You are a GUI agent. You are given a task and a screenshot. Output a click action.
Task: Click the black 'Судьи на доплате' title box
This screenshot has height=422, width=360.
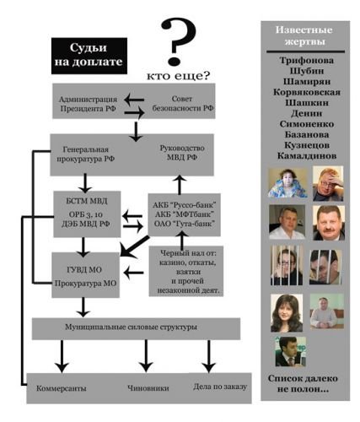pos(89,56)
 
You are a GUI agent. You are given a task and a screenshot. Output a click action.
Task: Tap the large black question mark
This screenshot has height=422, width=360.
pos(178,41)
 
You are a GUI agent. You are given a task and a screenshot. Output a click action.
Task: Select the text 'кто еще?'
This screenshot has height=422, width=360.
pos(179,76)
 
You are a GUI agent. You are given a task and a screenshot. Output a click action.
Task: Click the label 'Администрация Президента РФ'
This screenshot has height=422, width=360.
pos(88,104)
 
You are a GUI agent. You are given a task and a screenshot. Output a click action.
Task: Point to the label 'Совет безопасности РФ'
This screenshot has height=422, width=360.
pos(183,103)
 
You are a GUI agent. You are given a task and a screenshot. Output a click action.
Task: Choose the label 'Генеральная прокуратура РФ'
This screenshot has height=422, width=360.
pos(86,154)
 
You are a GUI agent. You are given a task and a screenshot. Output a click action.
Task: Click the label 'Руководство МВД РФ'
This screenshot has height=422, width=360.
pos(182,153)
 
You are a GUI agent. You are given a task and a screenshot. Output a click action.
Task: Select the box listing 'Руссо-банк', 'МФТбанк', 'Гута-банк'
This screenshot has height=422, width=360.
pos(185,214)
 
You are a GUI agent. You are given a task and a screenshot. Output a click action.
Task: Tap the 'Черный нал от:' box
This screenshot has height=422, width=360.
pos(186,272)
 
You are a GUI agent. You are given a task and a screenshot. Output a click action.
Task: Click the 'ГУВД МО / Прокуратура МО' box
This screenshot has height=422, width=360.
pos(86,275)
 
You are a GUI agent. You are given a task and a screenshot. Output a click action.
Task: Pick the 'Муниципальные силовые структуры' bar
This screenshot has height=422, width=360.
pos(136,328)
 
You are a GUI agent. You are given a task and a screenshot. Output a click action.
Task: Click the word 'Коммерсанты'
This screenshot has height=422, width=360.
pos(62,388)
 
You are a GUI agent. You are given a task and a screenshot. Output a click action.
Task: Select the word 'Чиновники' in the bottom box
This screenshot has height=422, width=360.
pos(148,388)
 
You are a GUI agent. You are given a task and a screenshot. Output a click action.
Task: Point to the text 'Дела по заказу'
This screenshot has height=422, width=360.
pos(220,387)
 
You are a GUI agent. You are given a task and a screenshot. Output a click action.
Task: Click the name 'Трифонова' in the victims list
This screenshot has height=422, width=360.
pos(307,60)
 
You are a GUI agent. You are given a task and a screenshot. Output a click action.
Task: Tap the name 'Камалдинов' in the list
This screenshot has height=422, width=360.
pos(307,155)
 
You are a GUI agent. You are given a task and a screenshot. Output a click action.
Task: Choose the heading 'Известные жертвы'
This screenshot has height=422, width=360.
pos(304,35)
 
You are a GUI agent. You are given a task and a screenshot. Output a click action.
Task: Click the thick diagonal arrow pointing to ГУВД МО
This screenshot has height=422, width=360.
pos(134,246)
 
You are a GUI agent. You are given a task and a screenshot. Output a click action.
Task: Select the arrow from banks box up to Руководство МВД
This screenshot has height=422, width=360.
pos(179,185)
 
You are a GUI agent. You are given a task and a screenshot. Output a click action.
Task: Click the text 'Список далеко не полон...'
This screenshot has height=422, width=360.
pos(303,384)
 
